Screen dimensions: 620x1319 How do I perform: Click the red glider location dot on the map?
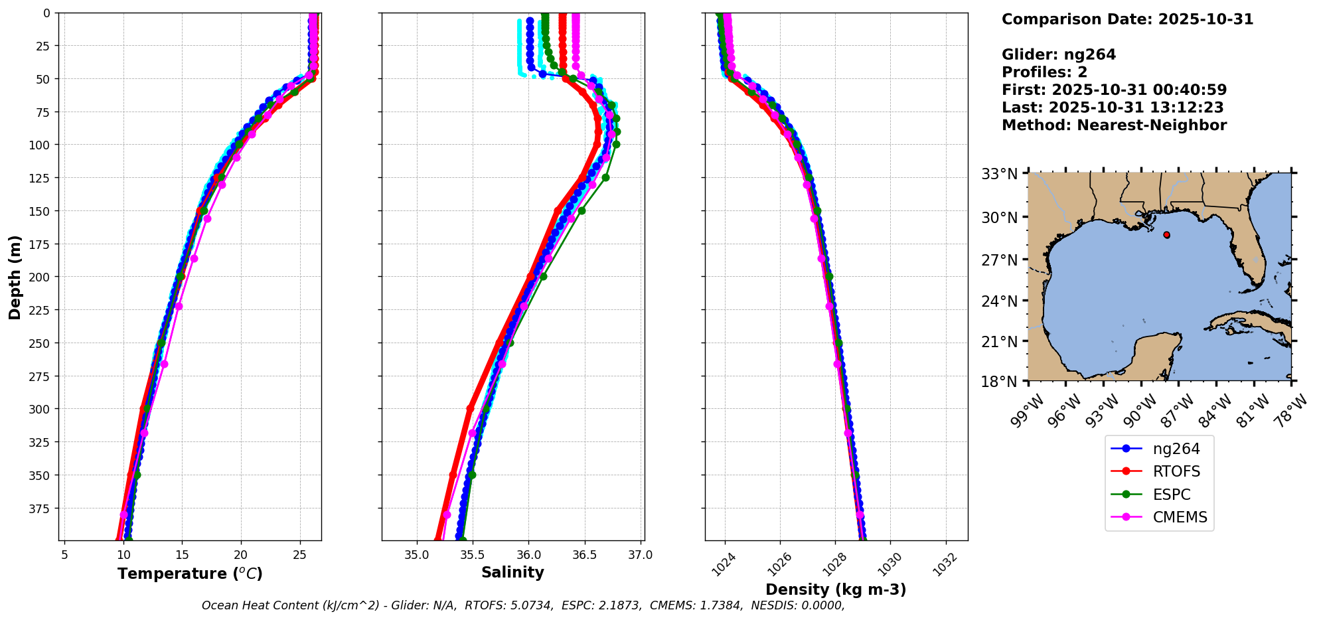1166,235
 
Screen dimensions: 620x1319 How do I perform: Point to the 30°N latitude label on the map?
1000,218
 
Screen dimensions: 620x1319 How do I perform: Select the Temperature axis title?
190,574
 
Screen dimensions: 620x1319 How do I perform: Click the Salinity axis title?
512,572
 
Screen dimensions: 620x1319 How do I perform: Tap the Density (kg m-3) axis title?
836,589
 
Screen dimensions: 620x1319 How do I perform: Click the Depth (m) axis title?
15,277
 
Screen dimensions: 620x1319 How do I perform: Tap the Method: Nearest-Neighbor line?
1114,125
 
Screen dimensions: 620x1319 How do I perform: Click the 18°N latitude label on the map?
1000,382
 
